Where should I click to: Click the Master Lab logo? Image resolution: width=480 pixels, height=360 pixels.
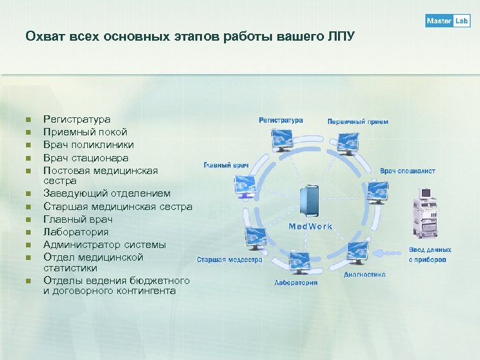click(448, 21)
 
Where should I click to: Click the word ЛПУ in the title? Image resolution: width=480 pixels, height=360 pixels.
click(341, 35)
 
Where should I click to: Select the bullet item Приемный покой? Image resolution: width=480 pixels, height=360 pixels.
click(85, 131)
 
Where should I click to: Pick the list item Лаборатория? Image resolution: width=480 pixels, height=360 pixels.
click(75, 232)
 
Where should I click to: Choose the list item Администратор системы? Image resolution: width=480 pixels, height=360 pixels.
click(104, 245)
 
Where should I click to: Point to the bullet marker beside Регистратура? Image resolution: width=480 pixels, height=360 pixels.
click(28, 119)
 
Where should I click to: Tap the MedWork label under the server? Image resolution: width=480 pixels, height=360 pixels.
click(311, 227)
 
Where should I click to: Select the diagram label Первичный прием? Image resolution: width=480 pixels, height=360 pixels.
click(357, 122)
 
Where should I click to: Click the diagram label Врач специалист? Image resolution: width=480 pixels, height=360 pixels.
click(407, 171)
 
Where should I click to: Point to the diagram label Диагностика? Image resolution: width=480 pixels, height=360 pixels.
click(365, 274)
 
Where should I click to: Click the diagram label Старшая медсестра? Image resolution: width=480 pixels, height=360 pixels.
click(229, 260)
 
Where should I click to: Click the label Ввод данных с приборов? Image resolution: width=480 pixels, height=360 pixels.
click(430, 255)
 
